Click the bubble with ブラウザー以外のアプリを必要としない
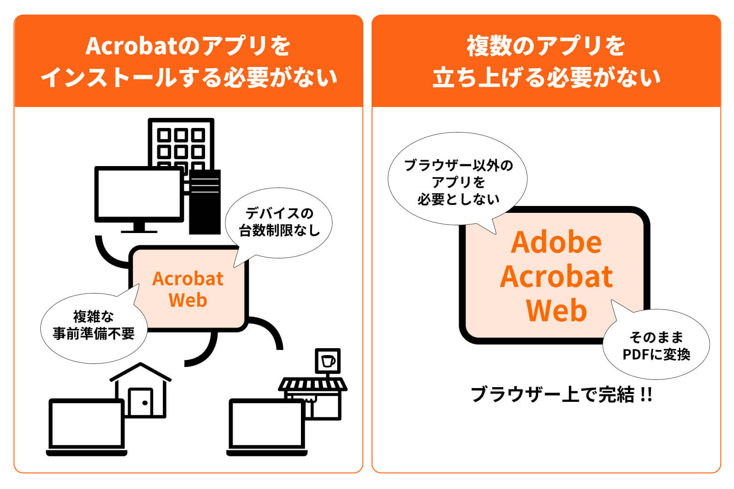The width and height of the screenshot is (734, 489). [x=458, y=182]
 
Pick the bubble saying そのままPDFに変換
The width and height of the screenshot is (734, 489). [x=656, y=346]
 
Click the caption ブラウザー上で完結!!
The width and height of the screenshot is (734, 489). [x=561, y=395]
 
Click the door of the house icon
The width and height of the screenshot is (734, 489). [x=140, y=402]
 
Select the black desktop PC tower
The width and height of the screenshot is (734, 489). [x=205, y=202]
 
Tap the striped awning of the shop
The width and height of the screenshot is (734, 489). [x=312, y=384]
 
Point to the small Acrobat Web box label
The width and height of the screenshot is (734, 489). [x=188, y=289]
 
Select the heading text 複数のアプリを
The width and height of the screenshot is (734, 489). [x=546, y=46]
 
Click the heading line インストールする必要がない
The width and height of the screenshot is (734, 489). [x=189, y=77]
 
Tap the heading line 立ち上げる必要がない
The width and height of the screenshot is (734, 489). [x=546, y=77]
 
